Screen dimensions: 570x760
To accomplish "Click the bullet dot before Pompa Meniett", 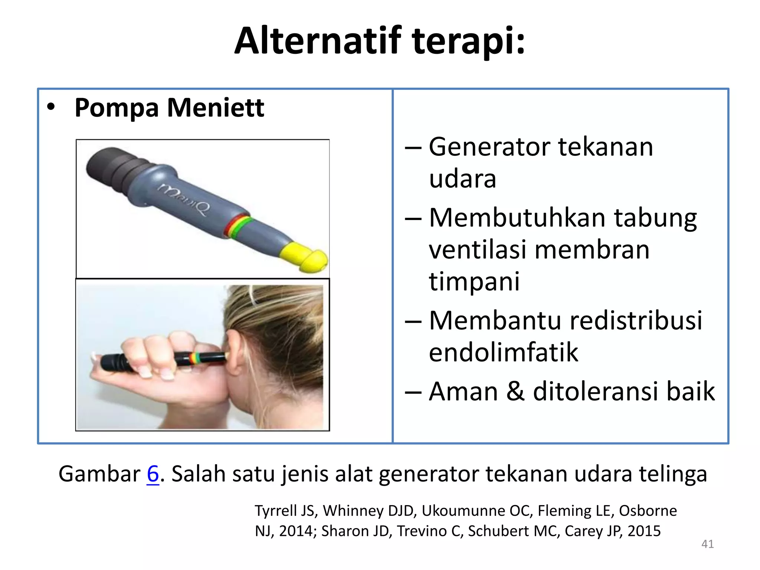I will (x=51, y=107).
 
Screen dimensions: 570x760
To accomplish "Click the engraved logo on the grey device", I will (x=184, y=199).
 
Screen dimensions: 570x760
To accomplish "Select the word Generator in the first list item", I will (x=489, y=147).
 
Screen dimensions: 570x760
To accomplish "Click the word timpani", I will (x=474, y=281).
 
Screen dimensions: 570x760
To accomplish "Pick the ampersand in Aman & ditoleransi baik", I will (x=515, y=391).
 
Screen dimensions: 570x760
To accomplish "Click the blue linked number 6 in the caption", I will (x=153, y=474).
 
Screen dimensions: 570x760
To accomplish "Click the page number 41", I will (x=707, y=544).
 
